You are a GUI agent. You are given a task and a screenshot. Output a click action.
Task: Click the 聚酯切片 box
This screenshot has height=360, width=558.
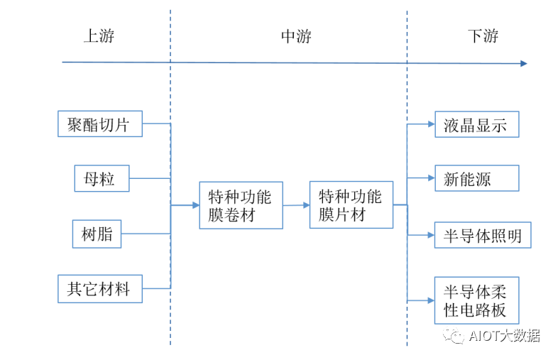[x=99, y=124]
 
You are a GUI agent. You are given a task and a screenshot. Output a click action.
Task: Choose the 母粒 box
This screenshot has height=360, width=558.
[x=102, y=178]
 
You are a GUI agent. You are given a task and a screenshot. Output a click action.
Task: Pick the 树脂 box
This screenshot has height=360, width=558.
[x=97, y=234]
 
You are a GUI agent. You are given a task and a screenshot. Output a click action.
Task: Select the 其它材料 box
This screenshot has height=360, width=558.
[x=99, y=288]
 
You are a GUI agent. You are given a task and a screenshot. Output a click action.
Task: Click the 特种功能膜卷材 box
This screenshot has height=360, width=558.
[x=241, y=205]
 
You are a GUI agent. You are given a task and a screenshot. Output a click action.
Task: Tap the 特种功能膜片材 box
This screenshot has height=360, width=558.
[x=351, y=204]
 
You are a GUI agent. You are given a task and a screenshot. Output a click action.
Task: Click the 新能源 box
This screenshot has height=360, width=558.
[x=476, y=178]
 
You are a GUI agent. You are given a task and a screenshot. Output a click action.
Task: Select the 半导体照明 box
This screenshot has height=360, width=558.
[x=483, y=235]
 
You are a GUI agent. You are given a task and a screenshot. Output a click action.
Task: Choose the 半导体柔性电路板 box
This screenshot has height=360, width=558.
[x=476, y=300]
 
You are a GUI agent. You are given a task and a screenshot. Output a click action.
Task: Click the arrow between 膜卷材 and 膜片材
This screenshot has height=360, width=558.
[x=296, y=205]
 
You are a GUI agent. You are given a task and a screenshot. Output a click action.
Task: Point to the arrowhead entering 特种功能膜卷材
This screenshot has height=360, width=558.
[x=195, y=205]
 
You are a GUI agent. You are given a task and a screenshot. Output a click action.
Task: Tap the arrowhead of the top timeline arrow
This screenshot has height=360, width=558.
[x=523, y=63]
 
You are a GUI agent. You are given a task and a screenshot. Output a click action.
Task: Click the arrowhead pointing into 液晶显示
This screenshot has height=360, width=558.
[x=430, y=124]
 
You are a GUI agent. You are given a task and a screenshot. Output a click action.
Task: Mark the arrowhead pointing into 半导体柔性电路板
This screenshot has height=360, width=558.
[x=430, y=300]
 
